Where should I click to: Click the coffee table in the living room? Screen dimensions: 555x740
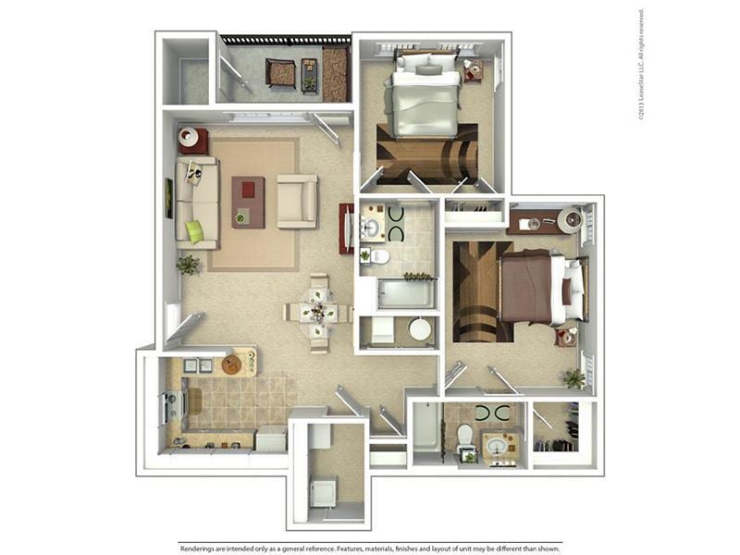(248, 202)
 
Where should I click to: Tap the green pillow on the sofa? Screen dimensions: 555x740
(194, 231)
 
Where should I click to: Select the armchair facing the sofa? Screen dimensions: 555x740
(297, 202)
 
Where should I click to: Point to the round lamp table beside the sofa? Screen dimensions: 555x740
(192, 140)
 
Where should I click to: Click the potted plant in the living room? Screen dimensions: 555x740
(189, 265)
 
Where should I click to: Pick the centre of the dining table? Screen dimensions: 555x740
(318, 313)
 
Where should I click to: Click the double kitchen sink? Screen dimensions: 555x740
(199, 365)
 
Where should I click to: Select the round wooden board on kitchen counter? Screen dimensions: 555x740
(231, 365)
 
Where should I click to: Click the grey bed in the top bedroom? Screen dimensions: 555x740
(423, 102)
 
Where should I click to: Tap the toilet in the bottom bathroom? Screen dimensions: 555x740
(465, 434)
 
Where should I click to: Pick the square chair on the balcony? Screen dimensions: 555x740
(280, 72)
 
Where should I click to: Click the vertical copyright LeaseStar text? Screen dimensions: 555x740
(641, 65)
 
